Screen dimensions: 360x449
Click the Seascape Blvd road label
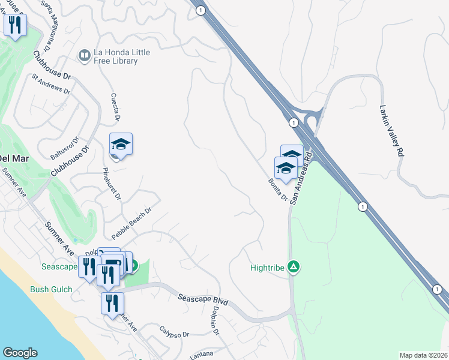tap(203, 299)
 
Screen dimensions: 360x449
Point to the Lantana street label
tap(201, 355)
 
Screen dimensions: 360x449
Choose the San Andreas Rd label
tap(301, 178)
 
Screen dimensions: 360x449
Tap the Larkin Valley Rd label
tap(390, 131)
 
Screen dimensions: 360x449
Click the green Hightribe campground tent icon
tap(294, 266)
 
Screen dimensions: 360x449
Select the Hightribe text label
tap(267, 268)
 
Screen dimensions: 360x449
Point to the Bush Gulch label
tap(51, 289)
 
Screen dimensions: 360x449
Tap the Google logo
tap(20, 353)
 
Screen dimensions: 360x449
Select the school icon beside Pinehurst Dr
tap(121, 145)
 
